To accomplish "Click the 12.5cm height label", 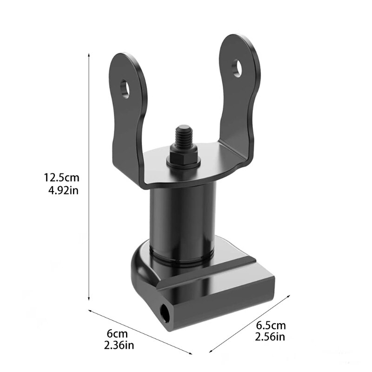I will click(62, 177).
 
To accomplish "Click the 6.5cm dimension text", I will click(271, 325).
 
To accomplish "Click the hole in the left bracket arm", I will click(125, 88).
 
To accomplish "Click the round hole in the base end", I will click(165, 311).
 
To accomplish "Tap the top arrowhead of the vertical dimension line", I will click(89, 55).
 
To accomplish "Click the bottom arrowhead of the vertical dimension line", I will click(89, 300).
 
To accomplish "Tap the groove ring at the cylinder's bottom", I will click(181, 254).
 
